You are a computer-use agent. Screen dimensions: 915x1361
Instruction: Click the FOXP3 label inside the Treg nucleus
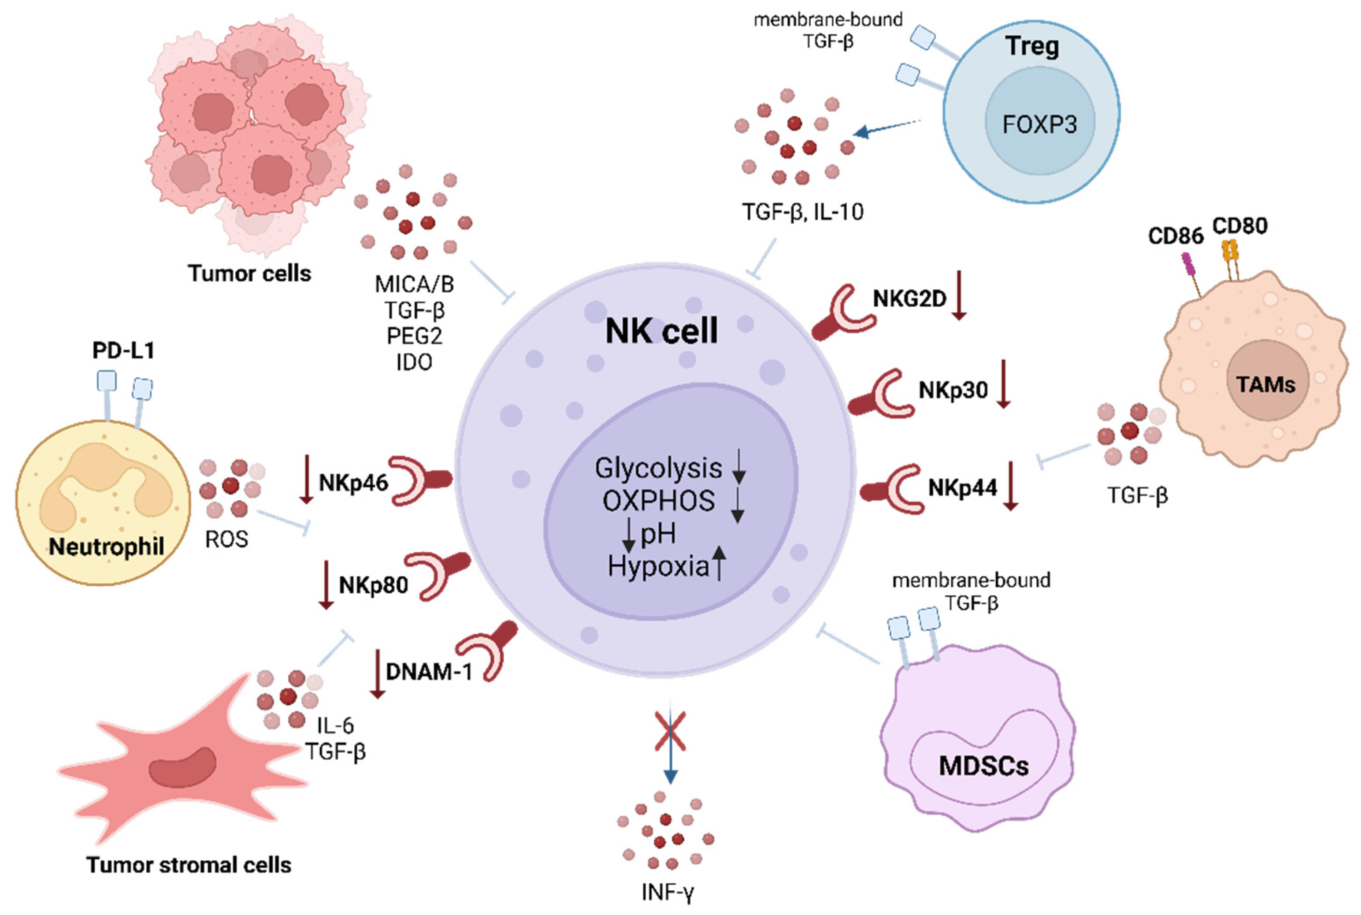[1039, 124]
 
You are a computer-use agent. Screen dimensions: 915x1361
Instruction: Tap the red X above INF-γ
[670, 731]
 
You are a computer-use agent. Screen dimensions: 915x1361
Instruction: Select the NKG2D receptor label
[909, 299]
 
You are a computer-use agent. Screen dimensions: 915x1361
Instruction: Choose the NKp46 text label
[353, 483]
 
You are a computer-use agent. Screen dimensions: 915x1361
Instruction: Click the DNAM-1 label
[429, 672]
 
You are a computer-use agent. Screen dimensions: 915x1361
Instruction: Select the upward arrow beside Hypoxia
[719, 563]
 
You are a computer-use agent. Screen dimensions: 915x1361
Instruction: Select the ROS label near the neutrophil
[226, 539]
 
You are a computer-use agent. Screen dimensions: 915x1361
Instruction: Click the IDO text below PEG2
[414, 362]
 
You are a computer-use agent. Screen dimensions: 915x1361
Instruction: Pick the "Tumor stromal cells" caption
[189, 864]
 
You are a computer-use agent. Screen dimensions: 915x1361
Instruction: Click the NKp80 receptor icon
[438, 575]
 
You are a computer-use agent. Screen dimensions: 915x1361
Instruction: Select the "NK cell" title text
[661, 331]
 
